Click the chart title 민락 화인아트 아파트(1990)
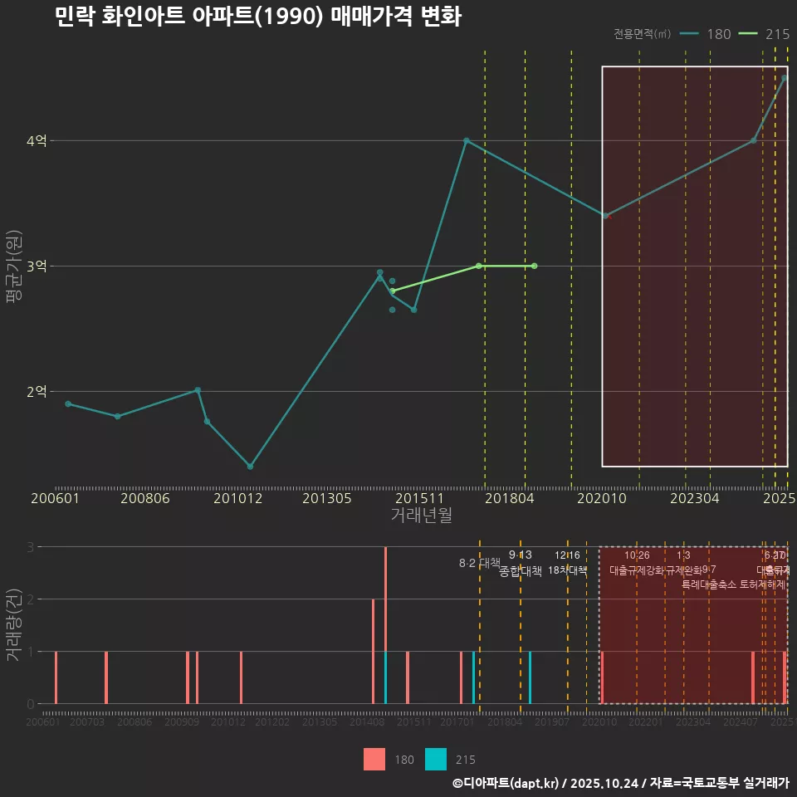[257, 17]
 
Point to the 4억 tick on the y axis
[37, 141]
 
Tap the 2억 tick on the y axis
[37, 392]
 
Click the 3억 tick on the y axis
[37, 266]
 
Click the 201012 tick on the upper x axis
[237, 498]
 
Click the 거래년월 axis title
[421, 516]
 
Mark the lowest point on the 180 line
[250, 467]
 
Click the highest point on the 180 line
[785, 78]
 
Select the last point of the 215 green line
[534, 266]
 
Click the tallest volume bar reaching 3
[385, 624]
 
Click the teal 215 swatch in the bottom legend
[436, 760]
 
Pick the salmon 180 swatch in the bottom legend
[374, 760]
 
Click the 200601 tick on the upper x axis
[55, 498]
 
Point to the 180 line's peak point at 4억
[467, 141]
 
